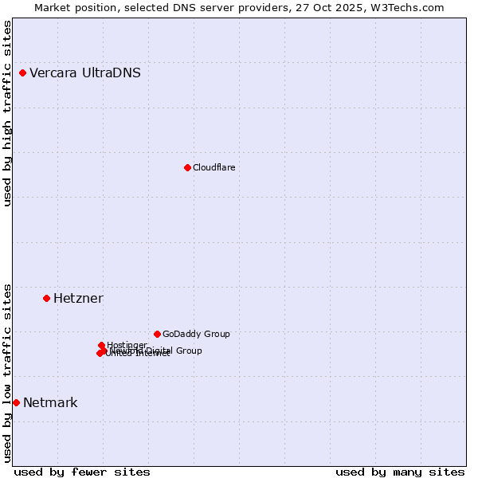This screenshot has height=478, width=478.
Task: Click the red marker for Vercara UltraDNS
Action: pos(22,73)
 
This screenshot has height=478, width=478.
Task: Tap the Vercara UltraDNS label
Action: pos(85,73)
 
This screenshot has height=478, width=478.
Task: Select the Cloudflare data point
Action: pos(187,167)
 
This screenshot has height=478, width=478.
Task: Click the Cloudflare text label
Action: pos(214,167)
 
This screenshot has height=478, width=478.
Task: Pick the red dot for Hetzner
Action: pos(46,298)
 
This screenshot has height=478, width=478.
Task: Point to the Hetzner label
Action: pos(78,299)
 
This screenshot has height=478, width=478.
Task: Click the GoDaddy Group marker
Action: pos(157,334)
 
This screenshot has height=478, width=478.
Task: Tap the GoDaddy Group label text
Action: pos(196,335)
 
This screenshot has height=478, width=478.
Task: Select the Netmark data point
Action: pos(16,402)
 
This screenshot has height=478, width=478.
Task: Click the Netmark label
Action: pos(50,403)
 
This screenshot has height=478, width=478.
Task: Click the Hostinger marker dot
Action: pos(101,345)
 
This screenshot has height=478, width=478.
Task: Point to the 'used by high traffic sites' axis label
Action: pos(8,113)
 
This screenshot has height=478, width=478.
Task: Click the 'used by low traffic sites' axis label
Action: pos(8,373)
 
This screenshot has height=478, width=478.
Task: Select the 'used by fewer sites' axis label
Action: pos(82,472)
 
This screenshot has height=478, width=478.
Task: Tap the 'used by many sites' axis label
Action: pos(400,472)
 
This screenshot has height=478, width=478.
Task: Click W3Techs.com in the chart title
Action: pos(410,7)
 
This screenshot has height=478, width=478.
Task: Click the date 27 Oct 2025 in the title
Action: pos(338,7)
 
